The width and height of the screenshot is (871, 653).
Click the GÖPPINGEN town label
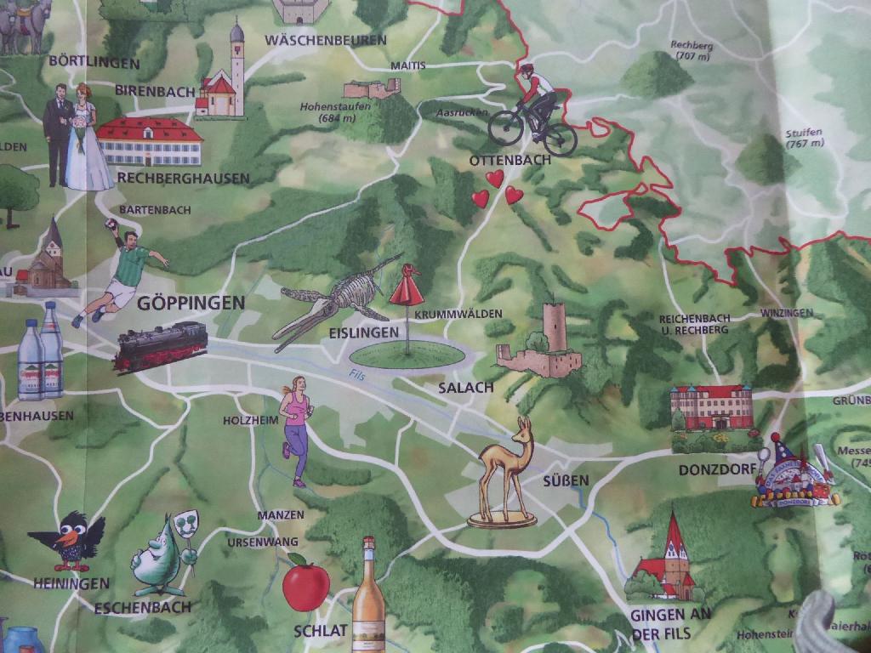(191, 303)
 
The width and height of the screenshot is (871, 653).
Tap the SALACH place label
(465, 388)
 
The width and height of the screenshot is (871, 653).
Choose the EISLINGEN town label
(364, 332)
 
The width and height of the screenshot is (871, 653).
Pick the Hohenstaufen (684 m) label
(327, 112)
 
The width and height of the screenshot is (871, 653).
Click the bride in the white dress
(85, 140)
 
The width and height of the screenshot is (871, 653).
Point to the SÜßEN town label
(566, 481)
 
